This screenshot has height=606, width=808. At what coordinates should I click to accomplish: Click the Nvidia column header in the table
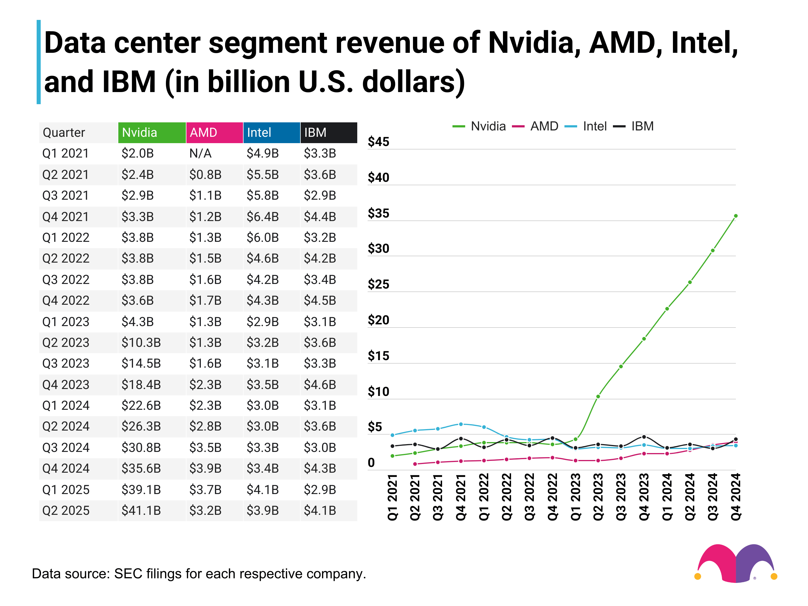pyautogui.click(x=151, y=132)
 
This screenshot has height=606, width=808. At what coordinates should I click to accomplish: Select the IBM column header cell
pyautogui.click(x=328, y=132)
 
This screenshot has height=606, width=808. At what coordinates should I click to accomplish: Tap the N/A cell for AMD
pyautogui.click(x=200, y=154)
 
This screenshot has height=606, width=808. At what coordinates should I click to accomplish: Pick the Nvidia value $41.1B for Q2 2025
pyautogui.click(x=141, y=510)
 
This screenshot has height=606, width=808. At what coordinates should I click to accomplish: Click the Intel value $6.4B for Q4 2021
pyautogui.click(x=262, y=217)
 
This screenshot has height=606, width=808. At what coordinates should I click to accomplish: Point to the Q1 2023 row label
pyautogui.click(x=66, y=322)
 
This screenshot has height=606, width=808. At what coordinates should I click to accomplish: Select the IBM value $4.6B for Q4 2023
pyautogui.click(x=320, y=385)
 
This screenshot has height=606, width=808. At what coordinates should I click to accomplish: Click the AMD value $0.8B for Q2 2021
pyautogui.click(x=205, y=175)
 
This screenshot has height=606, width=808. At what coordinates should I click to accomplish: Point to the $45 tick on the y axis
pyautogui.click(x=378, y=142)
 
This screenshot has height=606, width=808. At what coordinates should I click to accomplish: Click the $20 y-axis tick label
pyautogui.click(x=378, y=320)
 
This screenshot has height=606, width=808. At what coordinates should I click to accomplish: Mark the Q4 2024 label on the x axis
pyautogui.click(x=735, y=497)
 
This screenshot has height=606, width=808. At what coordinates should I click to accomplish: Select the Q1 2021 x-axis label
pyautogui.click(x=392, y=497)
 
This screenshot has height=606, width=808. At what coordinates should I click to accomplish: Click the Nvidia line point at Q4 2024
pyautogui.click(x=736, y=216)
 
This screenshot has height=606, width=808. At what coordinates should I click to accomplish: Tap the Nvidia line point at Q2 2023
pyautogui.click(x=598, y=396)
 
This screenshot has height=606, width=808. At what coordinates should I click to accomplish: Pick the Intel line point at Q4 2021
pyautogui.click(x=461, y=424)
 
